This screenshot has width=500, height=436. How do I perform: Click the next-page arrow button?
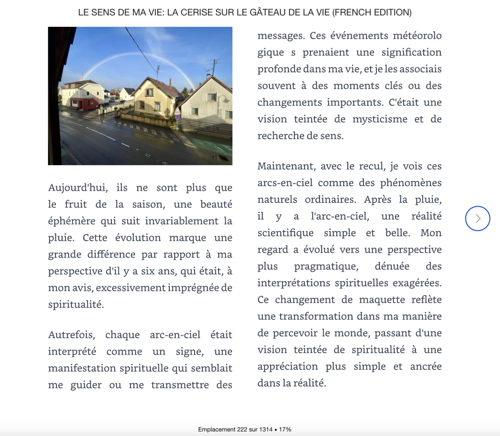478,218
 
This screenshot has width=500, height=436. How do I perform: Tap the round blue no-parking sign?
177,117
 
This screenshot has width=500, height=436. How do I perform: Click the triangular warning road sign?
177,111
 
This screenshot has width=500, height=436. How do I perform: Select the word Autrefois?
72,335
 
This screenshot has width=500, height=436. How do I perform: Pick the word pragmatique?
329,266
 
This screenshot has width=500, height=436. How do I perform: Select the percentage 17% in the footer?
285,429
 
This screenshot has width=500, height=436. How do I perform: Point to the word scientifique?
285,233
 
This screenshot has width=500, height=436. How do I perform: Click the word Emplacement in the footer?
217,429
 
